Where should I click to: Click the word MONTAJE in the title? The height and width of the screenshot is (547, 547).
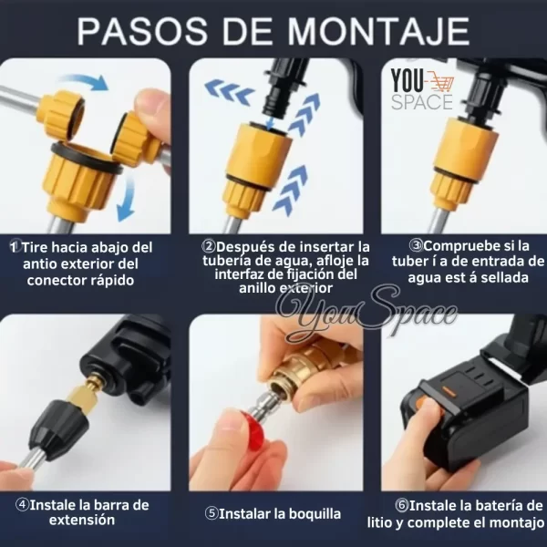pyautogui.click(x=378, y=31)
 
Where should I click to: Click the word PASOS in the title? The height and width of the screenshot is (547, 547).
pyautogui.click(x=142, y=31)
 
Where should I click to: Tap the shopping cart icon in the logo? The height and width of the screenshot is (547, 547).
pyautogui.click(x=441, y=83)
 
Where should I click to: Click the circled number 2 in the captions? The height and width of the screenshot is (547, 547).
pyautogui.click(x=209, y=246)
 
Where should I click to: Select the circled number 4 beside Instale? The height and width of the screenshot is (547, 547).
pyautogui.click(x=22, y=504)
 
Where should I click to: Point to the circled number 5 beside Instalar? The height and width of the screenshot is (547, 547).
pyautogui.click(x=212, y=513)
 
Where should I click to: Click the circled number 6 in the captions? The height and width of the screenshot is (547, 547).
pyautogui.click(x=401, y=505)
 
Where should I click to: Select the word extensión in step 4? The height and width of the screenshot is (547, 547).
pyautogui.click(x=82, y=521)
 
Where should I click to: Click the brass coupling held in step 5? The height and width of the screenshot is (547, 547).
pyautogui.click(x=306, y=370)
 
